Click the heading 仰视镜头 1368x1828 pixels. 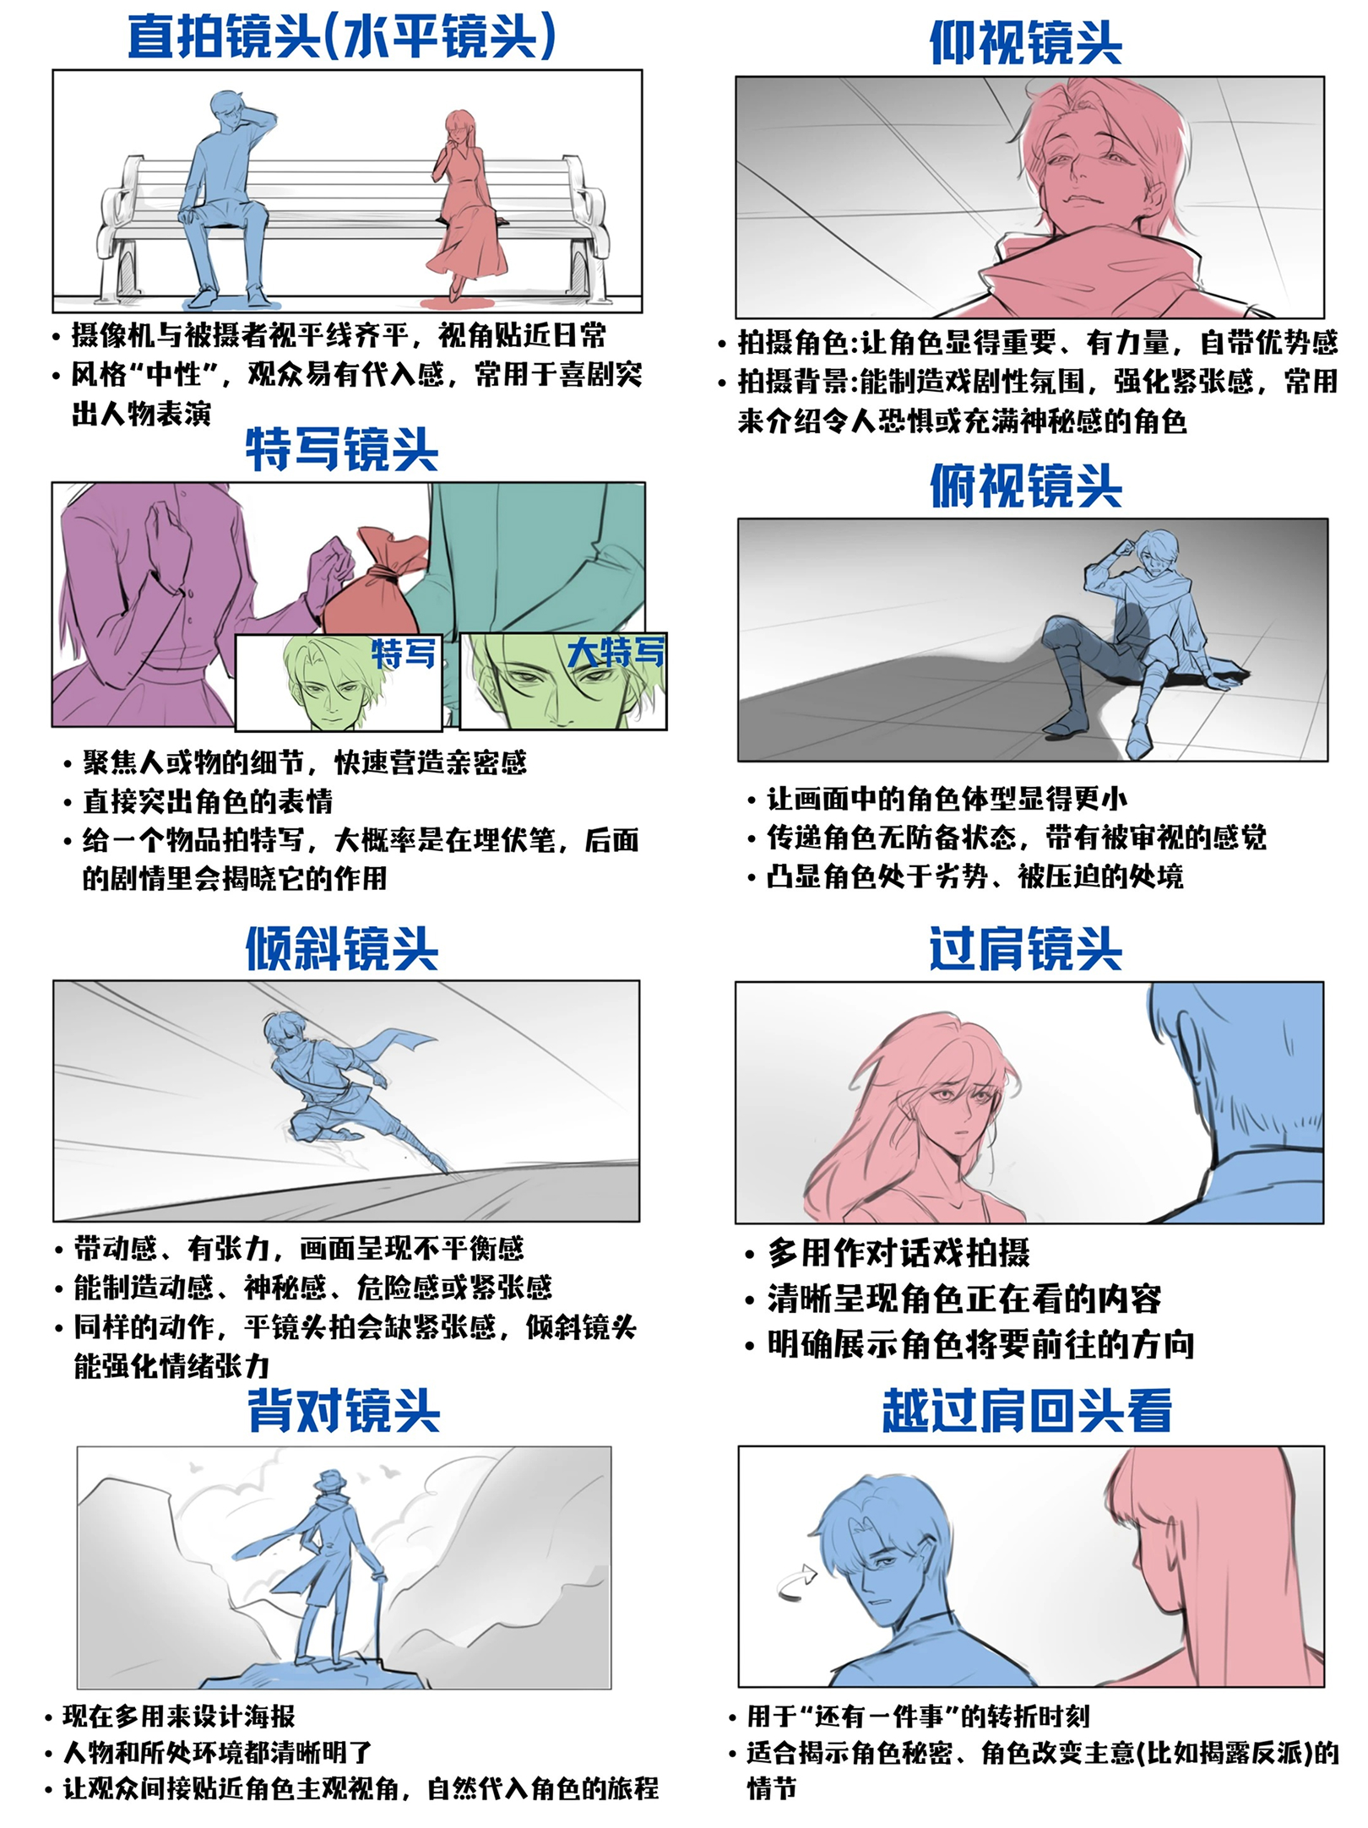(x=1025, y=43)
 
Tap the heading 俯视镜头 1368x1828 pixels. (x=1025, y=486)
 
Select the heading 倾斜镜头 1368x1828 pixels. (x=342, y=949)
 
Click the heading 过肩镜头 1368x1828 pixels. (x=1025, y=949)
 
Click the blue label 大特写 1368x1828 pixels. (x=616, y=653)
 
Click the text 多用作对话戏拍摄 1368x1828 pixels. (x=898, y=1254)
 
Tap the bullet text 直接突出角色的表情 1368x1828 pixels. (x=208, y=801)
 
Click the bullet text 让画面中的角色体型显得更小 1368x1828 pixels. (x=947, y=798)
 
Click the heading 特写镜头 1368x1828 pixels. (x=342, y=449)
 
